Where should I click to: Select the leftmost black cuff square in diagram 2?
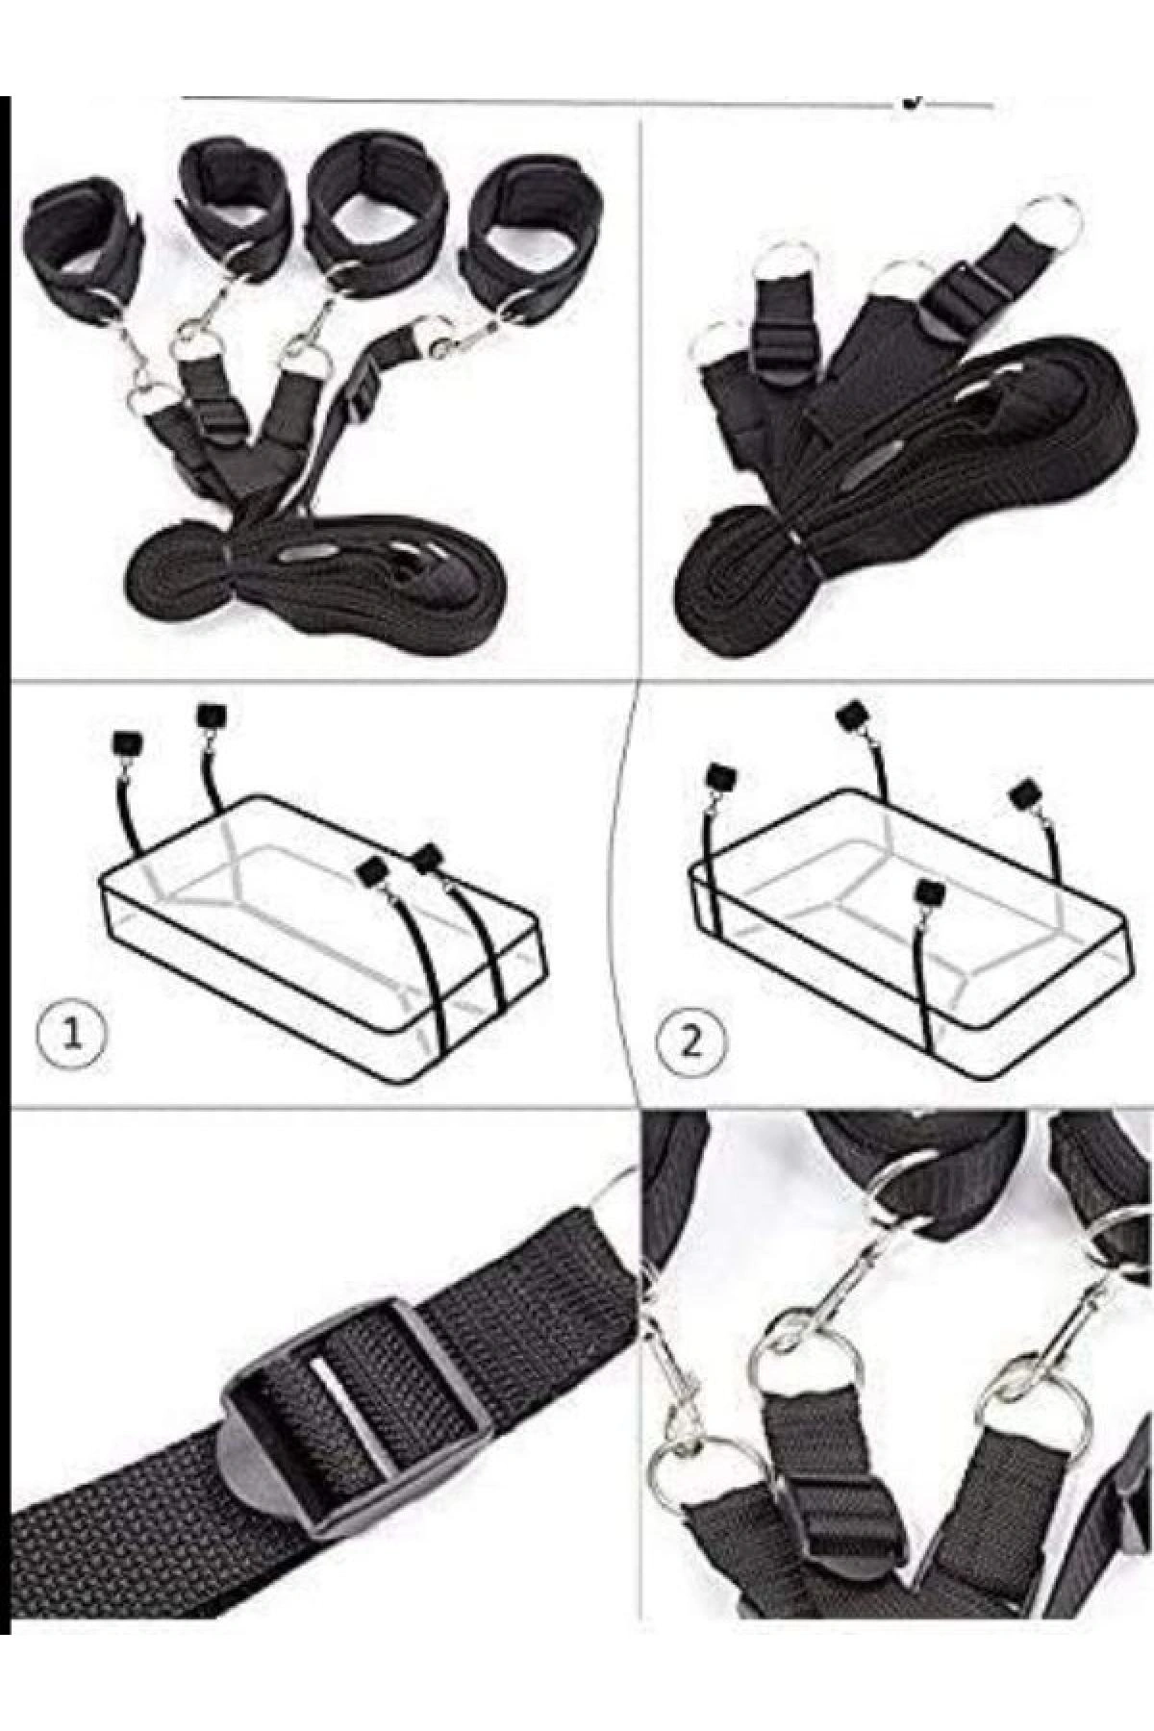(721, 775)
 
